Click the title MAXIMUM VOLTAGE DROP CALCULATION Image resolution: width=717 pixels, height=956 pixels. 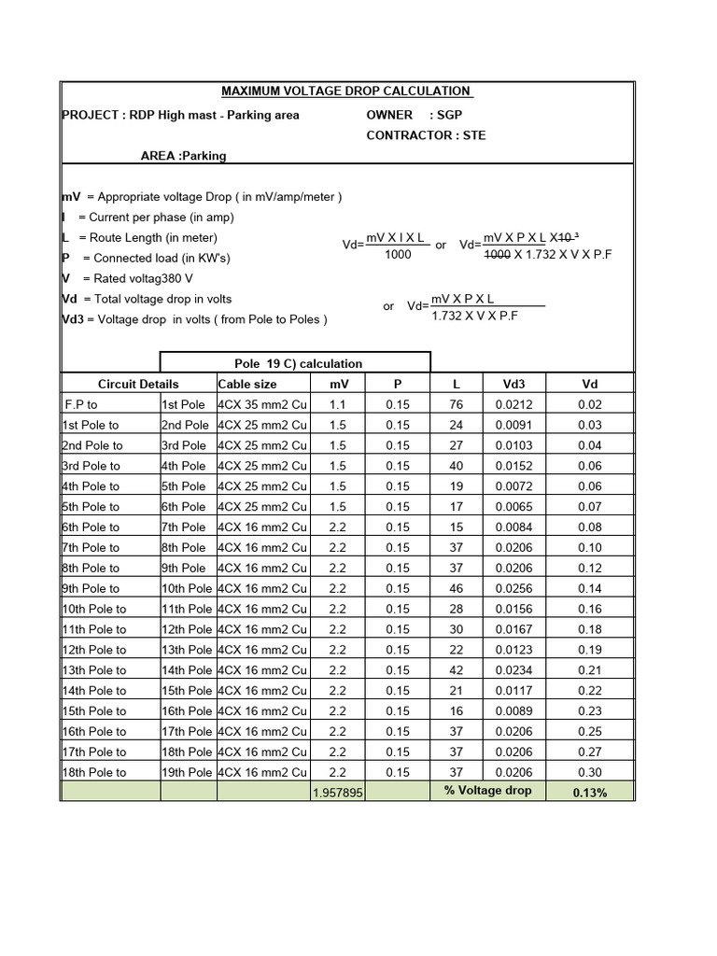click(x=345, y=91)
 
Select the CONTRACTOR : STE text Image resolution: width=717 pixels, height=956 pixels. click(x=426, y=135)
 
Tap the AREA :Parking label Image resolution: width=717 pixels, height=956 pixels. click(x=183, y=156)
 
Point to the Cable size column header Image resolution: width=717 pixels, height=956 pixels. click(x=246, y=384)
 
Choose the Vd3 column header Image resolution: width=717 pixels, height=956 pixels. click(x=513, y=384)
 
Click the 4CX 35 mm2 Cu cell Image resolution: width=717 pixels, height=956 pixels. click(x=262, y=404)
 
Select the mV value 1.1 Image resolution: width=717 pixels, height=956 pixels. click(x=338, y=404)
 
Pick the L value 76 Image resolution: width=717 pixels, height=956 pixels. click(x=456, y=404)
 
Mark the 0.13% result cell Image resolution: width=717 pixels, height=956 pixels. click(x=589, y=793)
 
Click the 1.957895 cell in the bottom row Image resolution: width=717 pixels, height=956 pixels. click(x=338, y=793)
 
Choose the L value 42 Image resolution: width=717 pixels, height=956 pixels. click(x=456, y=670)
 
